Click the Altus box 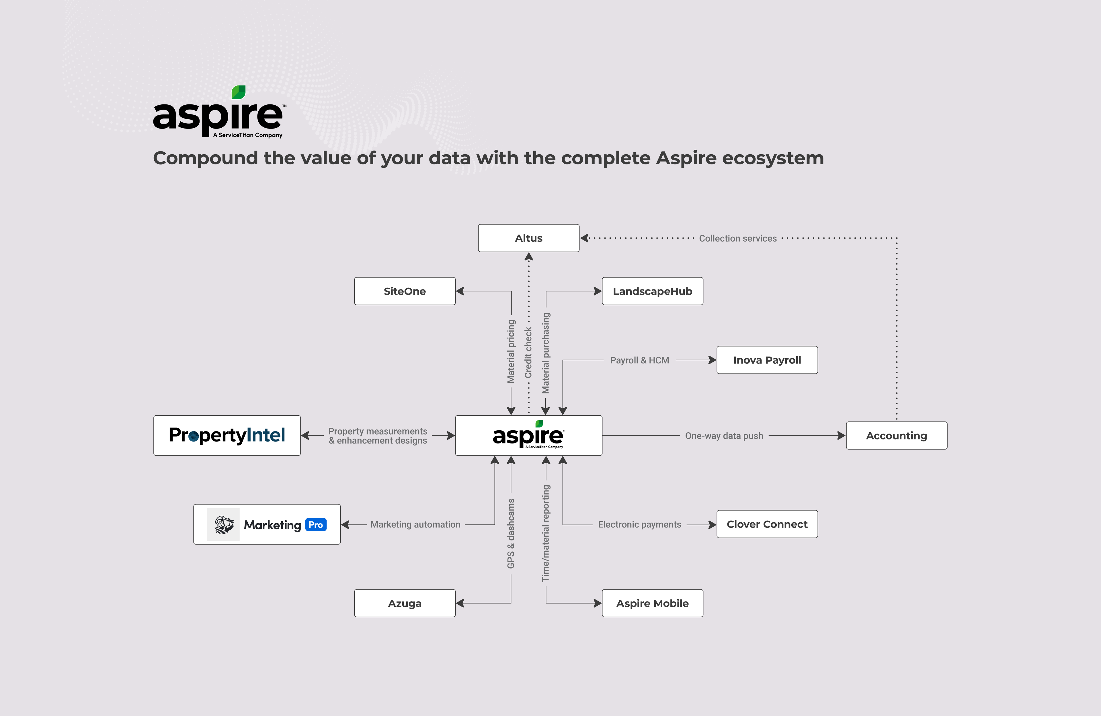coord(528,238)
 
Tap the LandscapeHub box coord(652,291)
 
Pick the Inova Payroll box coord(767,360)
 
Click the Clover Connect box coord(767,524)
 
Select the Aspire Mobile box coord(652,603)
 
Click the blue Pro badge coord(315,524)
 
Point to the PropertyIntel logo coord(227,435)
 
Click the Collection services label coord(737,238)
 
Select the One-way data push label coord(724,435)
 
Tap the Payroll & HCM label coord(639,360)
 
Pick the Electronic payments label coord(639,524)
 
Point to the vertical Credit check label coord(528,353)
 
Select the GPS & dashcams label coord(511,533)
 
